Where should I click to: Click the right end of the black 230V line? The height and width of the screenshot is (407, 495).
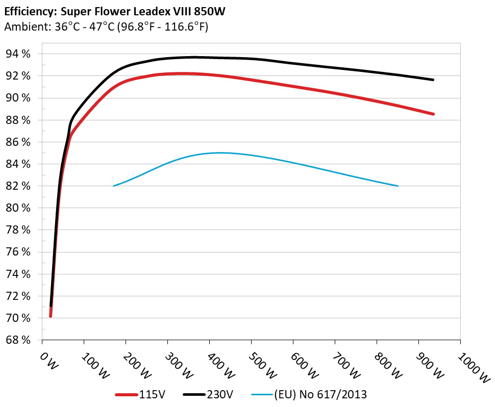433,80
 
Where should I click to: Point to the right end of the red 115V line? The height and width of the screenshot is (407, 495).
433,114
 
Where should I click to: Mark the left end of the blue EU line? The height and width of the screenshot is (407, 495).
114,186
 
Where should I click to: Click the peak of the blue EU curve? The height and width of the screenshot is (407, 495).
218,152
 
